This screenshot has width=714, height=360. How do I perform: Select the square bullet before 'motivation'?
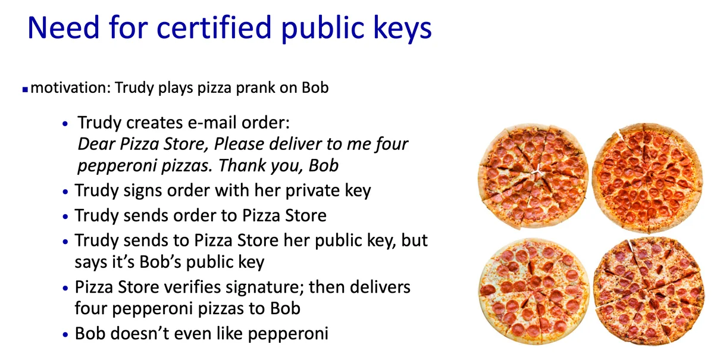(25, 90)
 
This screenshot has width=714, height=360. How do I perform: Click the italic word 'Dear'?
(96, 144)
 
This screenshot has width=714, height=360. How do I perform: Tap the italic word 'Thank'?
(242, 165)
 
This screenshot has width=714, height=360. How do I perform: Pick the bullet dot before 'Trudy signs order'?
(65, 192)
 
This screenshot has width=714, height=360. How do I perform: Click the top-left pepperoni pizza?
(533, 176)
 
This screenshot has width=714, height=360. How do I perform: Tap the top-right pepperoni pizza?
(647, 177)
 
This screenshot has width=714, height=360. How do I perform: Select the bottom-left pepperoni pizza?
(534, 292)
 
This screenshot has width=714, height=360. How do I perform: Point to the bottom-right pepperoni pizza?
(649, 291)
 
